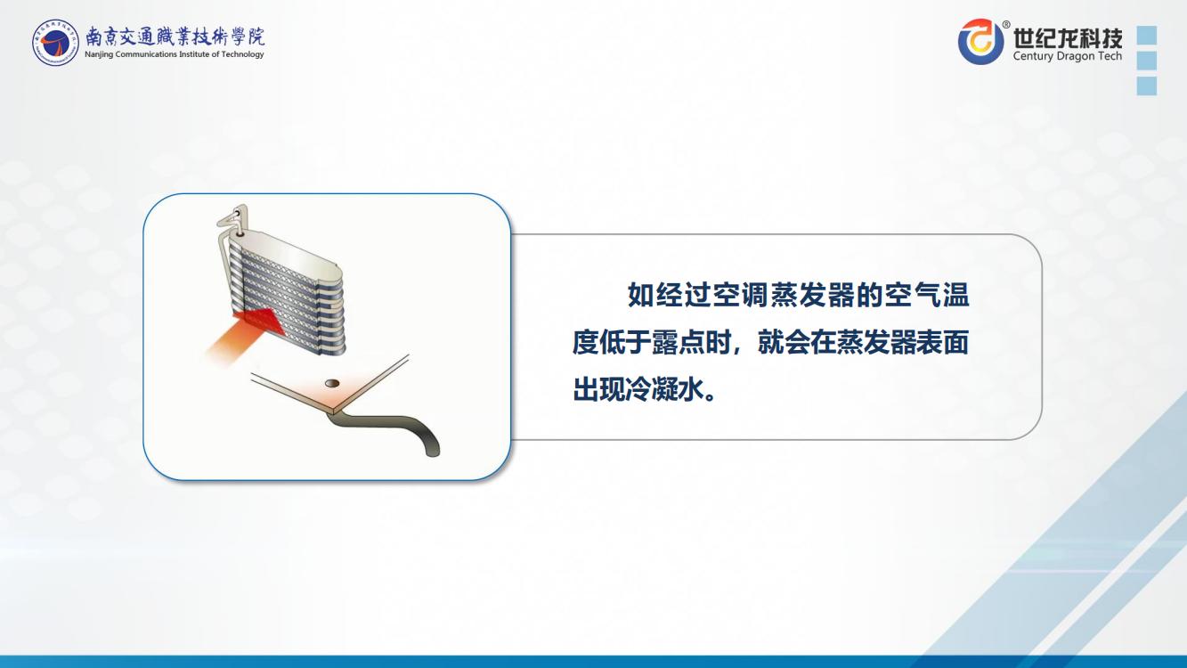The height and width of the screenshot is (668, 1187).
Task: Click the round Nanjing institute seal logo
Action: (55, 43)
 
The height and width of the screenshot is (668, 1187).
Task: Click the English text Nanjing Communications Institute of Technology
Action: (175, 54)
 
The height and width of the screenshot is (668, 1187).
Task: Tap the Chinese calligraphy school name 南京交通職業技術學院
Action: (175, 37)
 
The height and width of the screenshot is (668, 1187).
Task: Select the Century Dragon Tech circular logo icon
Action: (980, 41)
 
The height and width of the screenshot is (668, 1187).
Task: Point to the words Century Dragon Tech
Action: (1068, 56)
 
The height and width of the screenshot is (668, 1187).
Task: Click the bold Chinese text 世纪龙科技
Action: (1068, 37)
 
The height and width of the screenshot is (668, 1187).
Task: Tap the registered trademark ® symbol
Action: (1005, 24)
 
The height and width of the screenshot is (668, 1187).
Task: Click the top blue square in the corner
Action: (1147, 35)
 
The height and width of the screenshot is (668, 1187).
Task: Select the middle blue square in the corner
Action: (1147, 61)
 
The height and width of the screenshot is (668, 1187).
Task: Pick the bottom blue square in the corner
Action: (1147, 86)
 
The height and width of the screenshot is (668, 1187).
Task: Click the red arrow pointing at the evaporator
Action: (245, 335)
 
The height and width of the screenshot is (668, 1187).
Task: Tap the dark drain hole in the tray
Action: (332, 383)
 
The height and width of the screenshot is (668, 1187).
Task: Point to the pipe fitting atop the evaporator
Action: (233, 221)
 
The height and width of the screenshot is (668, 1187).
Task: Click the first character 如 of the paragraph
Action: (640, 296)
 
